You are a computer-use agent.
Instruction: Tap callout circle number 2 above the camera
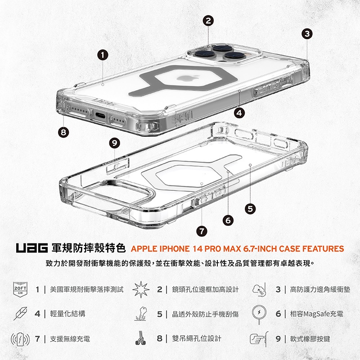pyautogui.click(x=208, y=21)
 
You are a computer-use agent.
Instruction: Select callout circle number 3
pyautogui.click(x=307, y=33)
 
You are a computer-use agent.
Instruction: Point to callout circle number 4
pyautogui.click(x=239, y=112)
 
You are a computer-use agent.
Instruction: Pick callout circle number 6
pyautogui.click(x=228, y=220)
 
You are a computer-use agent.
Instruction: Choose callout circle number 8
pyautogui.click(x=64, y=132)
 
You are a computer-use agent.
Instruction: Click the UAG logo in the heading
pyautogui.click(x=31, y=248)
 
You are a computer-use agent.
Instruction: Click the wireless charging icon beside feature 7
pyautogui.click(x=21, y=338)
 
